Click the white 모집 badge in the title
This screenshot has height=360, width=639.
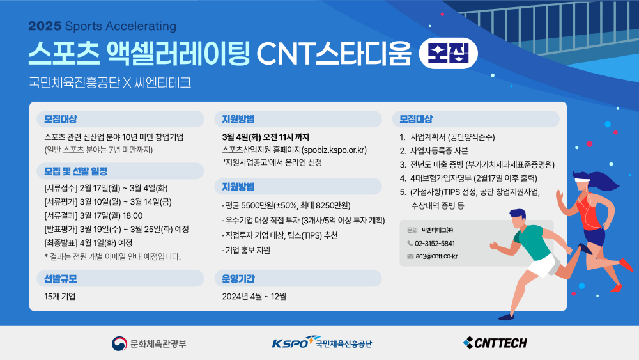[x=449, y=54]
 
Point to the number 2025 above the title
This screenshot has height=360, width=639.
[x=45, y=26]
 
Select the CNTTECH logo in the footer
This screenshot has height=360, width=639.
[x=495, y=343]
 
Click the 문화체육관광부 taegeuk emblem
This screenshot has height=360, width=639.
[x=119, y=343]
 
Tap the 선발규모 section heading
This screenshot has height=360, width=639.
[x=60, y=279]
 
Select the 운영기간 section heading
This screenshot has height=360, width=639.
[x=238, y=279]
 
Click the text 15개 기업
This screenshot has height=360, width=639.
[x=60, y=297]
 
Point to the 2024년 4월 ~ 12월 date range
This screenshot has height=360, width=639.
[x=254, y=297]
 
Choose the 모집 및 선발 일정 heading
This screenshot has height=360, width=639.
[x=75, y=171]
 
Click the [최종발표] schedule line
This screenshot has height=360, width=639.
[x=88, y=243]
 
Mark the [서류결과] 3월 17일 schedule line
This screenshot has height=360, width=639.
[x=93, y=215]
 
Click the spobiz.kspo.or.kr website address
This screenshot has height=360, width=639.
[x=334, y=150]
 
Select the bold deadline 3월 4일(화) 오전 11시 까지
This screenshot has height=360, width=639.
[x=265, y=137]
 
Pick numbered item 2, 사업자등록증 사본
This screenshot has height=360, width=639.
[x=434, y=151]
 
